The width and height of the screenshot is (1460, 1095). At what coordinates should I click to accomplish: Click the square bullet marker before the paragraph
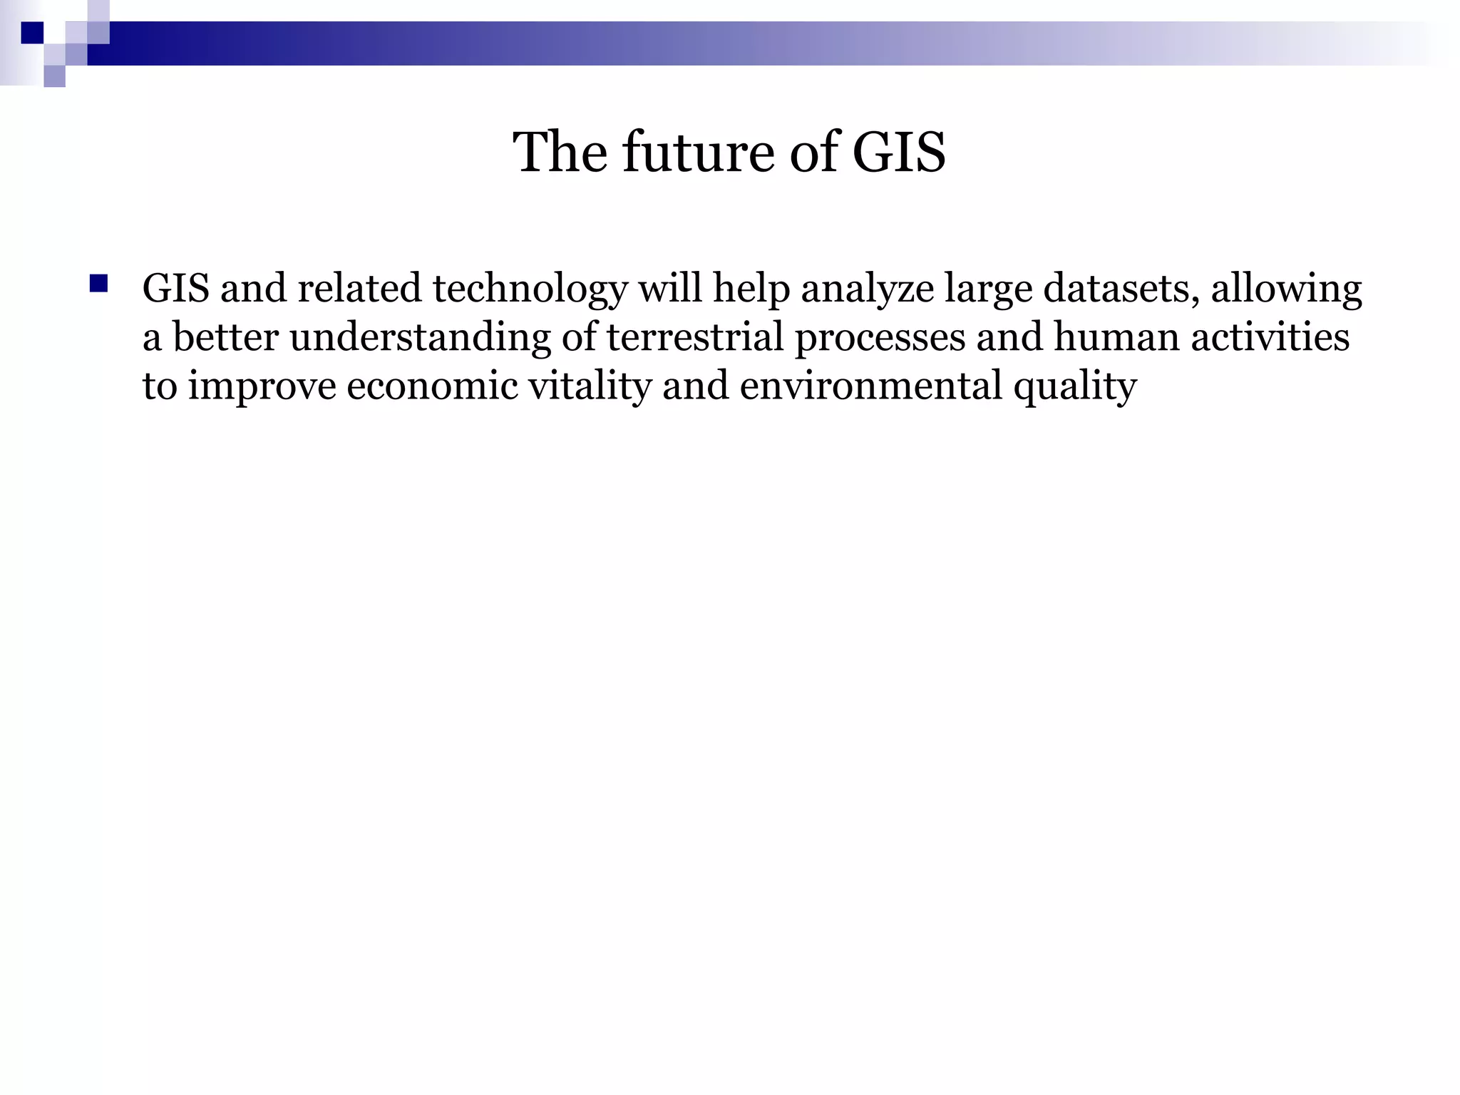click(x=98, y=284)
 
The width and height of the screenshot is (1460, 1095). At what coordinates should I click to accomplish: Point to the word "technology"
click(x=530, y=290)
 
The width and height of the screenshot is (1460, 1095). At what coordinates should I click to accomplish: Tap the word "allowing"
click(x=1287, y=290)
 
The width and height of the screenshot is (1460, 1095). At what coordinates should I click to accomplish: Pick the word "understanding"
click(x=420, y=338)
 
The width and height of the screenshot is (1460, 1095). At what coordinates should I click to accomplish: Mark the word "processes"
click(x=880, y=338)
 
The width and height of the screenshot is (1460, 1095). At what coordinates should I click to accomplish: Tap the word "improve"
click(x=262, y=387)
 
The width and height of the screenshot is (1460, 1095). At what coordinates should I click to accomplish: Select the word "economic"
click(x=432, y=386)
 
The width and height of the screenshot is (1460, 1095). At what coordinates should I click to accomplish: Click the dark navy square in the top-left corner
click(x=33, y=33)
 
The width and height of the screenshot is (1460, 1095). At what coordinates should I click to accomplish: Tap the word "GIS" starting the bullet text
click(x=176, y=289)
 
